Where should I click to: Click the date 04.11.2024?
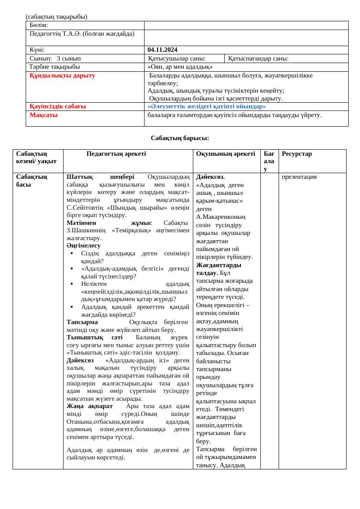coord(162,50)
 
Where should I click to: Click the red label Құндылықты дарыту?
coord(62,76)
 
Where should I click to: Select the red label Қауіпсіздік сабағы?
coord(57,107)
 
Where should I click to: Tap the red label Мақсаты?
coord(44,115)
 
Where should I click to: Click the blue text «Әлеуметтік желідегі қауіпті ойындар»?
coord(206,107)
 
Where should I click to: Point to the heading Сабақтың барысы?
coord(180,138)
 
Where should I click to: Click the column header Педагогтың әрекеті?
coord(116,154)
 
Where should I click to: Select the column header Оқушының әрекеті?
coord(225,154)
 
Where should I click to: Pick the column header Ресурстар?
coord(297,154)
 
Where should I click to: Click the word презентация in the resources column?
coord(299,177)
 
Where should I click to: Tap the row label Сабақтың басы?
coord(31,181)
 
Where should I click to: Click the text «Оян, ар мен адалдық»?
coord(180,67)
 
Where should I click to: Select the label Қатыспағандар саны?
coord(258,59)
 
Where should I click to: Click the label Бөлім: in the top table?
coord(39,25)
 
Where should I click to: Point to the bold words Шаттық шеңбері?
coord(100,177)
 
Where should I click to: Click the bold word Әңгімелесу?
coord(84,246)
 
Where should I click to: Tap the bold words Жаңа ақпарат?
coord(90,406)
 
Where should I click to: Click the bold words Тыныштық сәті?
coord(94,338)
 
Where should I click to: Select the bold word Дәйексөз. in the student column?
coord(210,177)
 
